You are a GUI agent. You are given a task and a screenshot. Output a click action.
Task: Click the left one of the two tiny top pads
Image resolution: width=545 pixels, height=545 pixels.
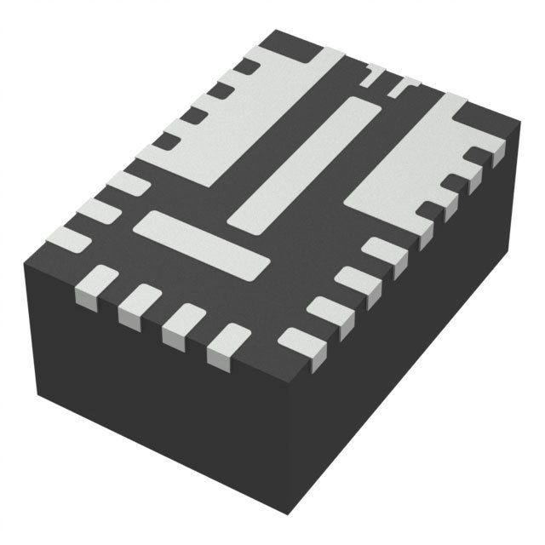point(371,76)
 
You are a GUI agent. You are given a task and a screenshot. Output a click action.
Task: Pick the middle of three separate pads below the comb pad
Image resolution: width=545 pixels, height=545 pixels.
point(97,209)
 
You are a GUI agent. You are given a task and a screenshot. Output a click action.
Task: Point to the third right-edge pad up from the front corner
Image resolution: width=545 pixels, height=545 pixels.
point(353,281)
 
